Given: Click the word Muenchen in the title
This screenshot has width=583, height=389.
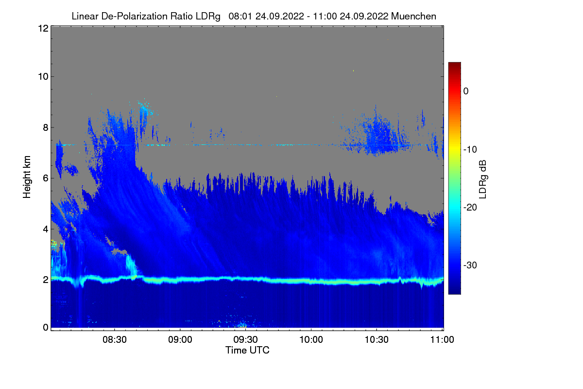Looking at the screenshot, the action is click(x=413, y=16).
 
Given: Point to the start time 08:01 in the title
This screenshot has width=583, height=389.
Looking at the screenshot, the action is click(x=240, y=16).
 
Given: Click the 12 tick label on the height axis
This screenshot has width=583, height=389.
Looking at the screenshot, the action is click(x=43, y=28).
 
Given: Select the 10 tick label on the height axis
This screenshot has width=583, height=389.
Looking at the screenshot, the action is click(x=43, y=76).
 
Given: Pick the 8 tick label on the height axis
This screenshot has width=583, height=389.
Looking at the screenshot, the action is click(x=46, y=127).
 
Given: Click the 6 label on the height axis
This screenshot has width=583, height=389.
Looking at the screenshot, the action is click(x=46, y=178).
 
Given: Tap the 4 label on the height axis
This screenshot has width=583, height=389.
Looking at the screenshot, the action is click(x=46, y=230).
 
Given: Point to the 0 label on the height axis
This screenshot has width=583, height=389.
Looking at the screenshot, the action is click(x=46, y=327).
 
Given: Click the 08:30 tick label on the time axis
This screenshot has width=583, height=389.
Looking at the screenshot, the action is click(x=115, y=339).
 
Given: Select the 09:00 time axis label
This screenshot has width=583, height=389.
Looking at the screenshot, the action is click(x=180, y=339).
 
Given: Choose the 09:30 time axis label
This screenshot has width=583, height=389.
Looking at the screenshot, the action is click(x=245, y=339).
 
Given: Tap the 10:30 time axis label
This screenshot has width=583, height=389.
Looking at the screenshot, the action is click(x=377, y=339).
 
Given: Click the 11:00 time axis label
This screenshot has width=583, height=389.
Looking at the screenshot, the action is click(x=442, y=339).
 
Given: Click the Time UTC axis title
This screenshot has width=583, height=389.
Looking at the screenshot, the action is click(x=247, y=350).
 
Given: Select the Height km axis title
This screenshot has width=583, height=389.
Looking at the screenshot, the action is click(x=27, y=177).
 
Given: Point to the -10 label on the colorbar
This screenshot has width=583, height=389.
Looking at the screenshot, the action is click(x=470, y=149).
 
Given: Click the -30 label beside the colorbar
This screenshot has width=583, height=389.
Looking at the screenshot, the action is click(x=470, y=265).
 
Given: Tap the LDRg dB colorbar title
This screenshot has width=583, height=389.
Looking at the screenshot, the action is click(x=483, y=179).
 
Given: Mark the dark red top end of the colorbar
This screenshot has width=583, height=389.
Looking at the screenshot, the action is click(x=454, y=63).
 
